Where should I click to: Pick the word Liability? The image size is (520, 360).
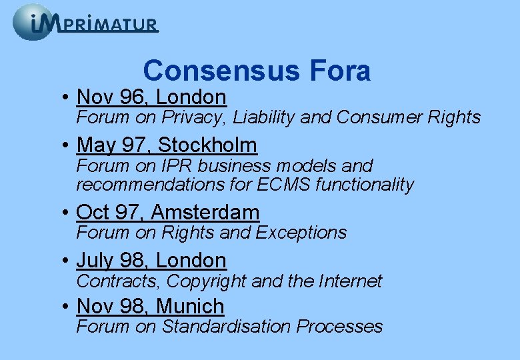tap(264, 118)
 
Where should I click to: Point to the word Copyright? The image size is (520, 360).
tap(208, 281)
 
